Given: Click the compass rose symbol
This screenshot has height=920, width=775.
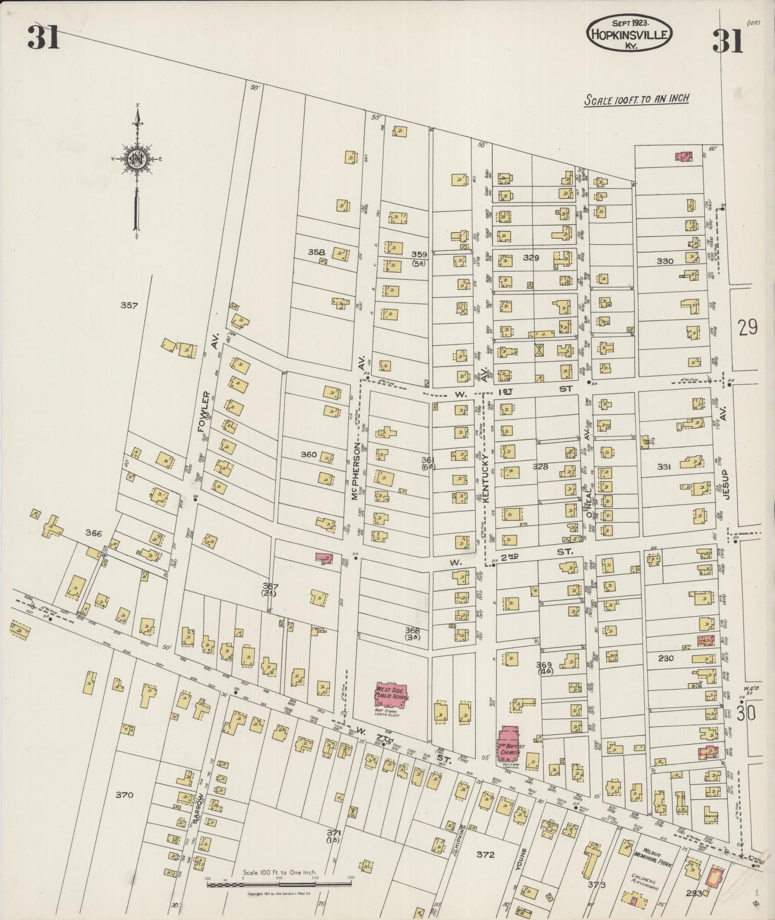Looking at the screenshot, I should [137, 159].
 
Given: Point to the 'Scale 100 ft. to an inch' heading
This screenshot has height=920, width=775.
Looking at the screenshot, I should [636, 99].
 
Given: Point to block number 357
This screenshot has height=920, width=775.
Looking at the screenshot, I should [129, 305].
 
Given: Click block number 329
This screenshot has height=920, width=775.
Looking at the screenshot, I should [530, 258].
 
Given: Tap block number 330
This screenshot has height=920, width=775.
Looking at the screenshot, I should [665, 261].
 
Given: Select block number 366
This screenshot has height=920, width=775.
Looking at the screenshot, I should [93, 533].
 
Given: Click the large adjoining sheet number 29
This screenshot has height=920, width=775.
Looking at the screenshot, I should [747, 327].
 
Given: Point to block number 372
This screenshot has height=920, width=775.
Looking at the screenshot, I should [485, 854].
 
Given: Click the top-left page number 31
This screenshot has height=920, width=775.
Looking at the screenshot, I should [43, 38].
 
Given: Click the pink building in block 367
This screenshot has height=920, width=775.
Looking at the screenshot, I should [323, 558].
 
